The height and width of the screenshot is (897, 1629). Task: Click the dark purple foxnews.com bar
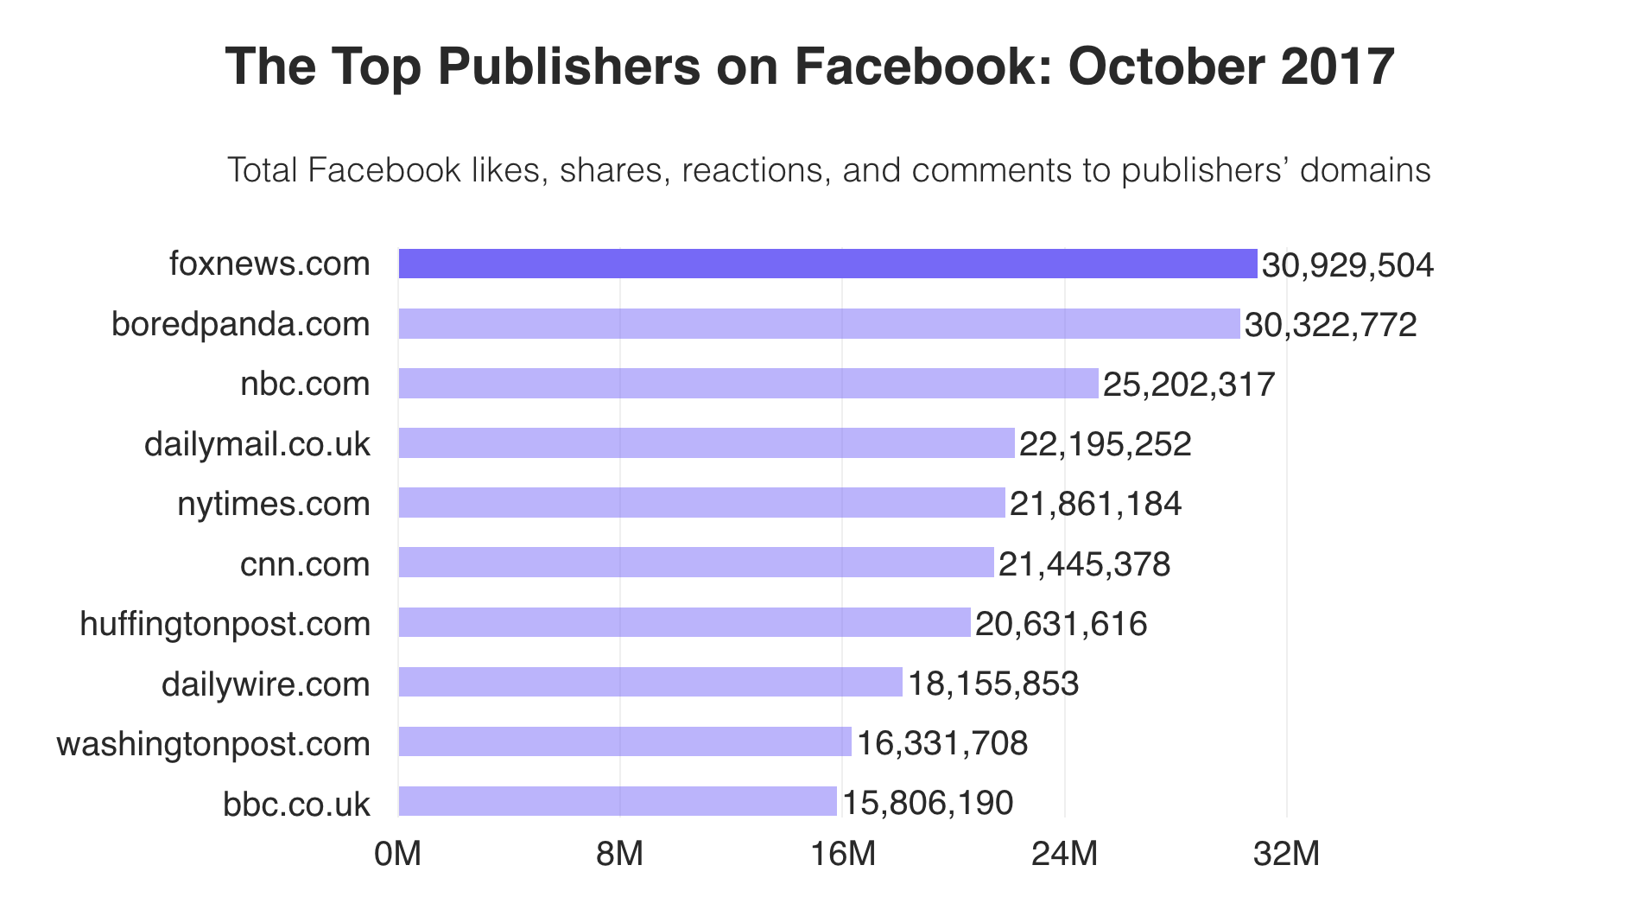(x=827, y=264)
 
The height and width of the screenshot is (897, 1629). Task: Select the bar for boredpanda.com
(x=819, y=324)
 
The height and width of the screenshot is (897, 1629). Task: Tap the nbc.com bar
(x=748, y=384)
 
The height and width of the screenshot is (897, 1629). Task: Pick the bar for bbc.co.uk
(x=618, y=801)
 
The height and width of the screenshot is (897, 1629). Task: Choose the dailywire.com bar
(x=650, y=682)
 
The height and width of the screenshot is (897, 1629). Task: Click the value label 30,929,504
(x=1347, y=265)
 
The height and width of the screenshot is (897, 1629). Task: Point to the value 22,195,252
(x=1105, y=444)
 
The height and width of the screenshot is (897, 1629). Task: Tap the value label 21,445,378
(x=1084, y=564)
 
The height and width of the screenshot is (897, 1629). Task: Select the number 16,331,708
(x=942, y=743)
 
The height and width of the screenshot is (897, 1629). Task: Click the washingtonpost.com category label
(x=213, y=743)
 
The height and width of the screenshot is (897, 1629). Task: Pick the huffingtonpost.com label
(x=225, y=623)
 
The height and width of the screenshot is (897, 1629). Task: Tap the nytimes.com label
(x=273, y=504)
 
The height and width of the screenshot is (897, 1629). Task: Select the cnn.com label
(x=304, y=564)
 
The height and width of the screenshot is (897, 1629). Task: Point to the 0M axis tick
(x=397, y=854)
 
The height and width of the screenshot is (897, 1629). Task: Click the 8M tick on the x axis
(x=619, y=854)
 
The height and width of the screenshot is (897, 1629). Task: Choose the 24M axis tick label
(x=1064, y=854)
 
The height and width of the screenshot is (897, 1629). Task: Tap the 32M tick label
(x=1286, y=854)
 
